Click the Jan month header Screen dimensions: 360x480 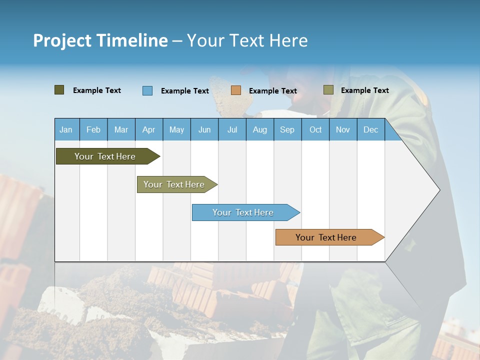[x=66, y=129]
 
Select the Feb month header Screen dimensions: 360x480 [x=93, y=129]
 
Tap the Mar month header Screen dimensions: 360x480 [x=121, y=129]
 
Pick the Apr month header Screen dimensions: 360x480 [x=149, y=129]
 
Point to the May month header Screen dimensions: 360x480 [x=176, y=129]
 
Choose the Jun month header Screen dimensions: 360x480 [x=204, y=129]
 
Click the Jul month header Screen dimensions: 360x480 [x=232, y=129]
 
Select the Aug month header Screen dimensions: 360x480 [x=260, y=129]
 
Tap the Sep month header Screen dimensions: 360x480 [x=287, y=129]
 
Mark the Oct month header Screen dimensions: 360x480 [x=315, y=129]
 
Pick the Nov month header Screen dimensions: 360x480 [x=343, y=129]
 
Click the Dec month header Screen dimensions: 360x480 [x=371, y=129]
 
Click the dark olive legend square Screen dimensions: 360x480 [x=59, y=90]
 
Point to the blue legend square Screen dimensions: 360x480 [x=147, y=90]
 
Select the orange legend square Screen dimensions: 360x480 [x=236, y=90]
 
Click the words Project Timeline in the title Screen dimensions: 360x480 [x=100, y=40]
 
